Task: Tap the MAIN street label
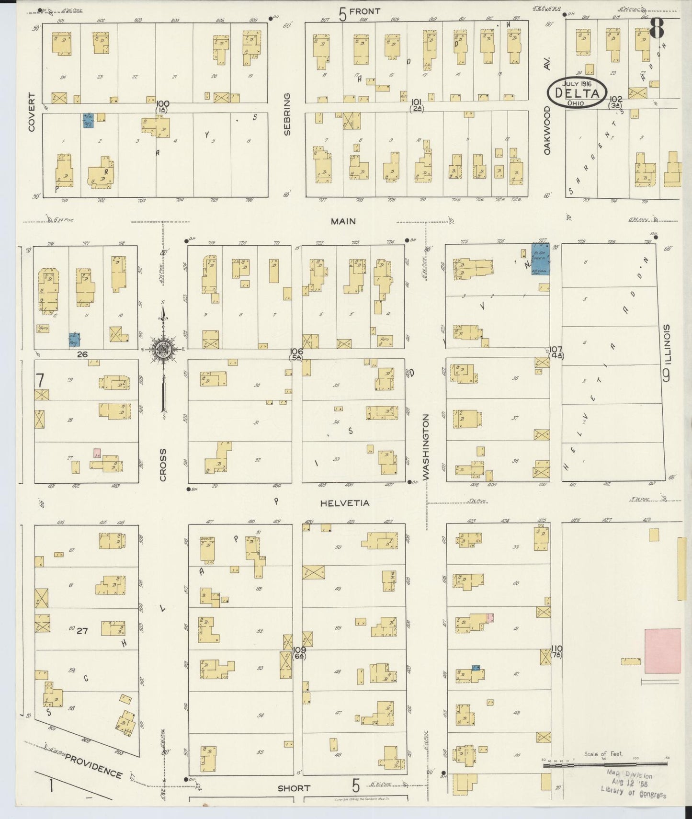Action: pos(343,221)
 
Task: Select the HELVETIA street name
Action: pos(345,503)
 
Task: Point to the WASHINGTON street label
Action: pos(426,446)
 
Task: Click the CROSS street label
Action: pos(163,465)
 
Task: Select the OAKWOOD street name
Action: pos(547,130)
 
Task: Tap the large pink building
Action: pos(663,651)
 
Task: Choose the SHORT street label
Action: pos(294,788)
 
